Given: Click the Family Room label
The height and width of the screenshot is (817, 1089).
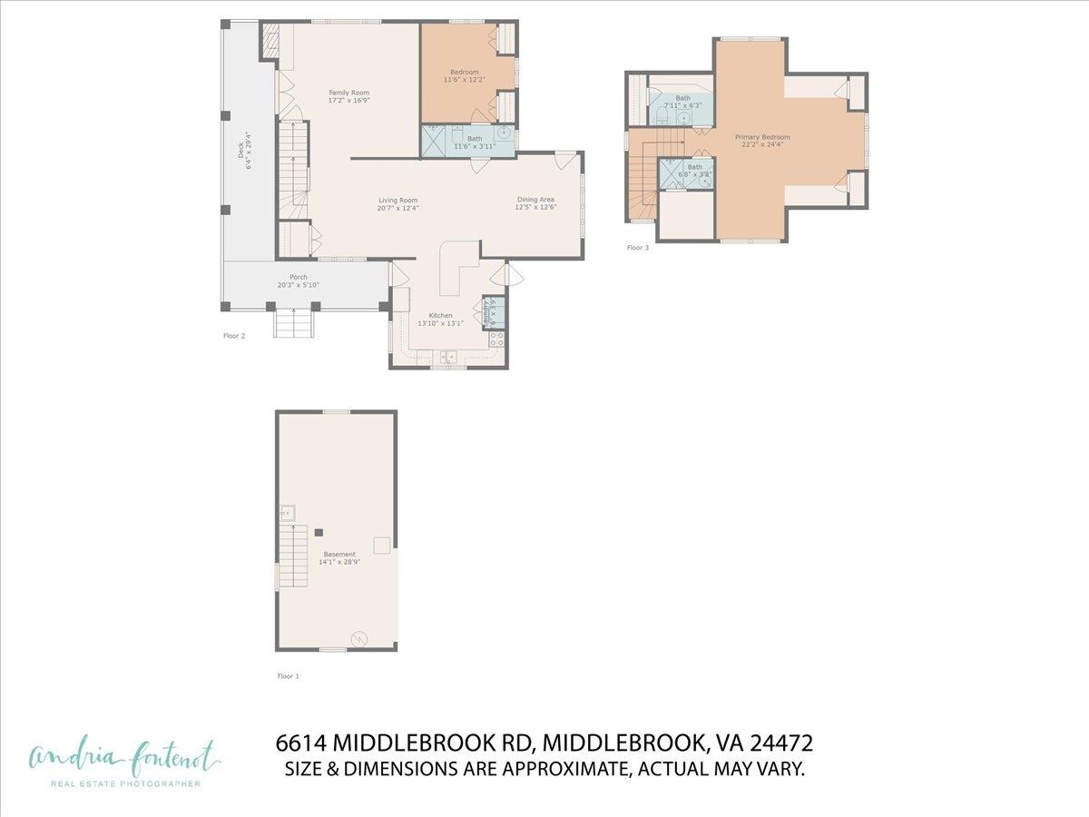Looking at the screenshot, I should (348, 93).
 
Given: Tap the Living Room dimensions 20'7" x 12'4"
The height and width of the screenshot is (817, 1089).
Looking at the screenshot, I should (397, 208).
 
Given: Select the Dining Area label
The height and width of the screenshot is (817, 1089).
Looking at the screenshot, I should (535, 200).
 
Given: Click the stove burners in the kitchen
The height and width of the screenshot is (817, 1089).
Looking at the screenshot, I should (496, 340).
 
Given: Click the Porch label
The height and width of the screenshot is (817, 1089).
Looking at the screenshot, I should (299, 277).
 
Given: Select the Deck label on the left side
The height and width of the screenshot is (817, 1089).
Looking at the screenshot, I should (241, 160).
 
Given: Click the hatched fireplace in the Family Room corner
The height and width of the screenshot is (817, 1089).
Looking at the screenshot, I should (270, 42).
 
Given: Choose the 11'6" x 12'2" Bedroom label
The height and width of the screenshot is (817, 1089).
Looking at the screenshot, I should (464, 73).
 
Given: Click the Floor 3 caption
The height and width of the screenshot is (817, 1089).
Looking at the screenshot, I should (638, 247).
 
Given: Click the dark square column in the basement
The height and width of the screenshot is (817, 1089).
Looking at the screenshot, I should (319, 532).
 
